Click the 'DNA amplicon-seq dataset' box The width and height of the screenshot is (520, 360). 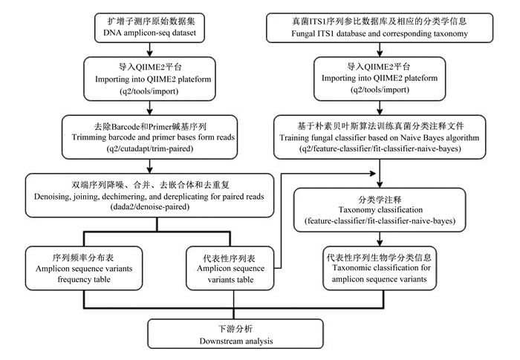click(x=149, y=28)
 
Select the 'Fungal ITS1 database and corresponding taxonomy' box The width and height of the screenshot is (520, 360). click(x=380, y=28)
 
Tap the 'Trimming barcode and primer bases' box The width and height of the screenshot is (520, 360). click(x=149, y=137)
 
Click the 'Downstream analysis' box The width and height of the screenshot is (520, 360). click(x=235, y=334)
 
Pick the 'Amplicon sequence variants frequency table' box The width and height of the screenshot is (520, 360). click(x=84, y=268)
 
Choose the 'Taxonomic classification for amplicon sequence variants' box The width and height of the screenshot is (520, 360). click(x=380, y=268)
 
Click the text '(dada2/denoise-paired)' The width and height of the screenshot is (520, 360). click(x=150, y=207)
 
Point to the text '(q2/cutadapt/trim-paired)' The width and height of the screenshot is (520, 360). click(x=150, y=148)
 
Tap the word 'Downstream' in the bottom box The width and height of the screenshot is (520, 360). click(x=220, y=341)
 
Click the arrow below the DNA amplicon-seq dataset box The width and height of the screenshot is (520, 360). click(x=149, y=50)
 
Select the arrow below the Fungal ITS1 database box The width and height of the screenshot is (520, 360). click(x=380, y=50)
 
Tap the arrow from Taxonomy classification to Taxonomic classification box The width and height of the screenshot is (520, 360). click(x=380, y=239)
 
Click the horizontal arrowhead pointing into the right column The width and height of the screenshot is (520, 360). click(x=373, y=173)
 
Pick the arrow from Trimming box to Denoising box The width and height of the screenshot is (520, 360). click(x=149, y=166)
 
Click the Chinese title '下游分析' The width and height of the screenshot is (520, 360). click(x=235, y=329)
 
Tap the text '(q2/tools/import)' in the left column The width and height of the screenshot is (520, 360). click(x=149, y=91)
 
